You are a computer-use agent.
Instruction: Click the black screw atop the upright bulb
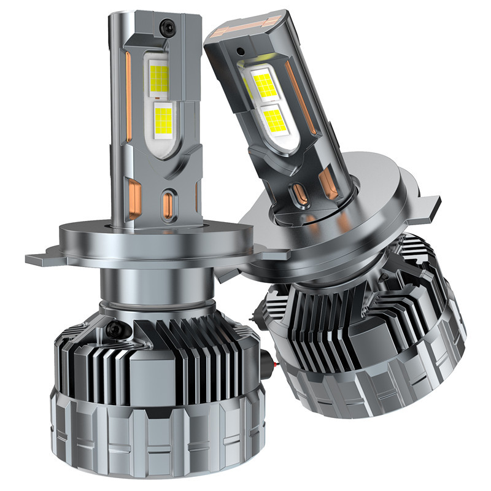coord(165,26)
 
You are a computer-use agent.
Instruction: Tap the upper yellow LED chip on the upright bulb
coord(159,77)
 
